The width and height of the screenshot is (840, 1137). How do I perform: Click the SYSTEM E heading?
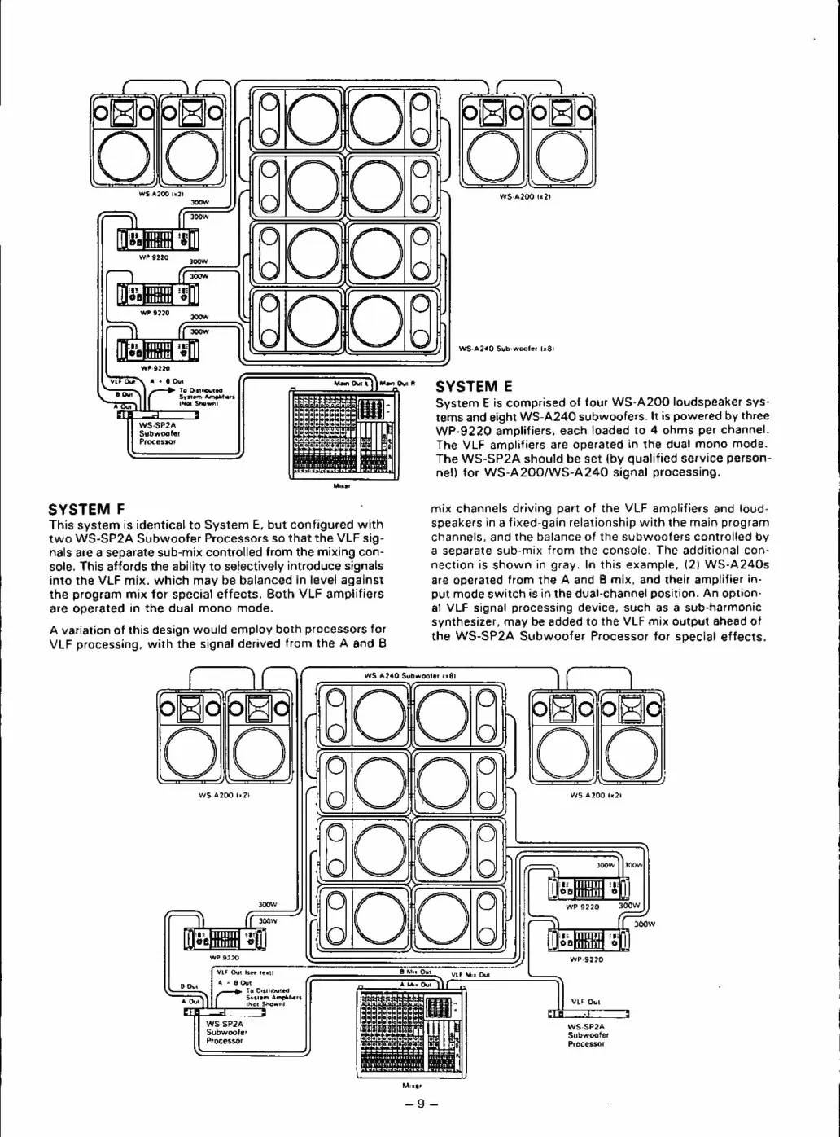(x=472, y=386)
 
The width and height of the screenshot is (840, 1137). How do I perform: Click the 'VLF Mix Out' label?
(x=470, y=974)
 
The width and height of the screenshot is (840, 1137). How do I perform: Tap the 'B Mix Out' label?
(x=415, y=972)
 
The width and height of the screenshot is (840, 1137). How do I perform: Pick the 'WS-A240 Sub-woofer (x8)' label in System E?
(x=506, y=349)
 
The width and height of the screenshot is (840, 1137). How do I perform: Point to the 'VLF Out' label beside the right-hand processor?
(x=585, y=1002)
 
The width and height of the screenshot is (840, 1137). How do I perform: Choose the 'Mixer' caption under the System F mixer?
(x=412, y=1086)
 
